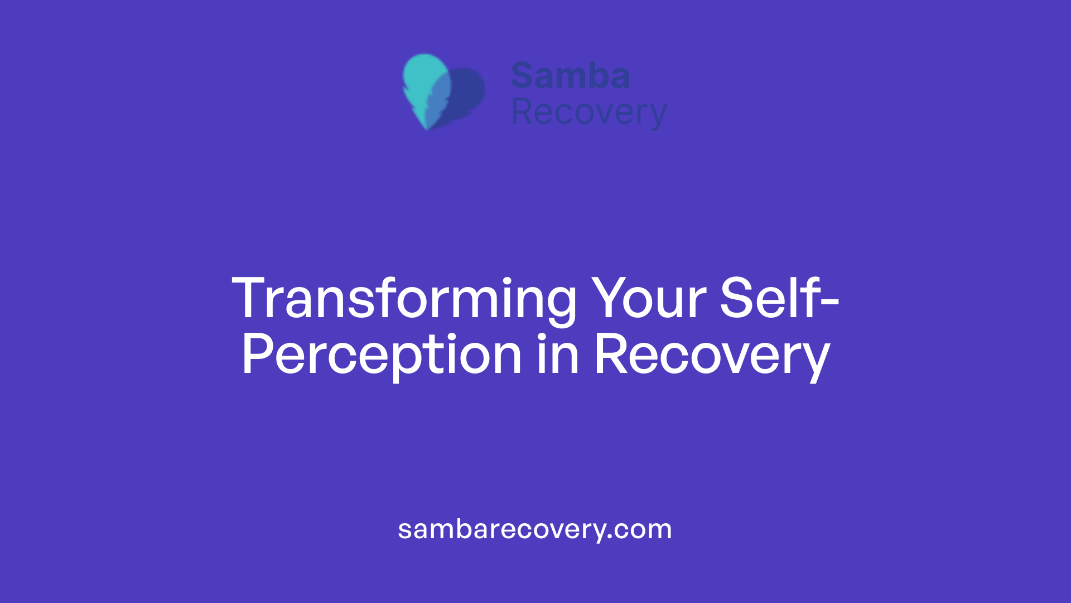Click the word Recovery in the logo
click(588, 112)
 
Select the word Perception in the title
click(382, 355)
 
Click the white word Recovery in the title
click(712, 355)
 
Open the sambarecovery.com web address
click(535, 529)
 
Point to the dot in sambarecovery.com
click(610, 538)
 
